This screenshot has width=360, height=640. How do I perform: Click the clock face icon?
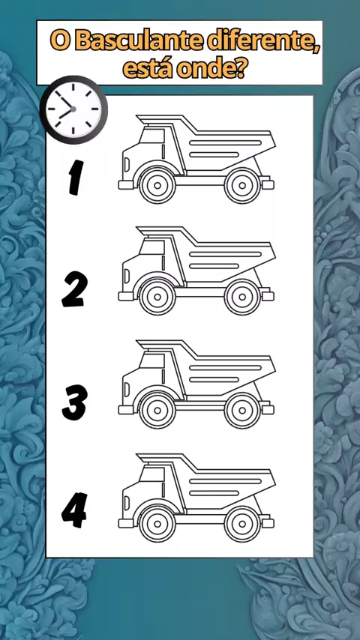tap(73, 109)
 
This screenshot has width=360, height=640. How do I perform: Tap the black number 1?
tap(76, 177)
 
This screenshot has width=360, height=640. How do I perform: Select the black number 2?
tap(74, 289)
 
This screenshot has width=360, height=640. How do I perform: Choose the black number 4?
tap(74, 510)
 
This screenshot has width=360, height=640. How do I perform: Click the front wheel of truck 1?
tap(157, 186)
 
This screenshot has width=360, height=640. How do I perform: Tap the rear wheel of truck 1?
tap(242, 186)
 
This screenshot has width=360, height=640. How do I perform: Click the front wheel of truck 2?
tap(157, 297)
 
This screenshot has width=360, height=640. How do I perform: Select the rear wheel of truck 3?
tap(242, 410)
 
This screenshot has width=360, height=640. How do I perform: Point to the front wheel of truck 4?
tap(157, 524)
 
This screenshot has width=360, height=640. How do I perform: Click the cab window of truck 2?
tap(152, 247)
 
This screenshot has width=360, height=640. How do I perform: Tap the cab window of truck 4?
tap(152, 474)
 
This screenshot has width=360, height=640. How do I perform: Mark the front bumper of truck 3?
tap(126, 410)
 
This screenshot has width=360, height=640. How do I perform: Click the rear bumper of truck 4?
tap(268, 523)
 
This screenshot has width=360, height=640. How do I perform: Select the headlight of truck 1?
tap(127, 164)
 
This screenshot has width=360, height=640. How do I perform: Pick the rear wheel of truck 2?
tap(242, 297)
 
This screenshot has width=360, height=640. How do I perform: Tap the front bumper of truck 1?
tap(126, 185)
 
